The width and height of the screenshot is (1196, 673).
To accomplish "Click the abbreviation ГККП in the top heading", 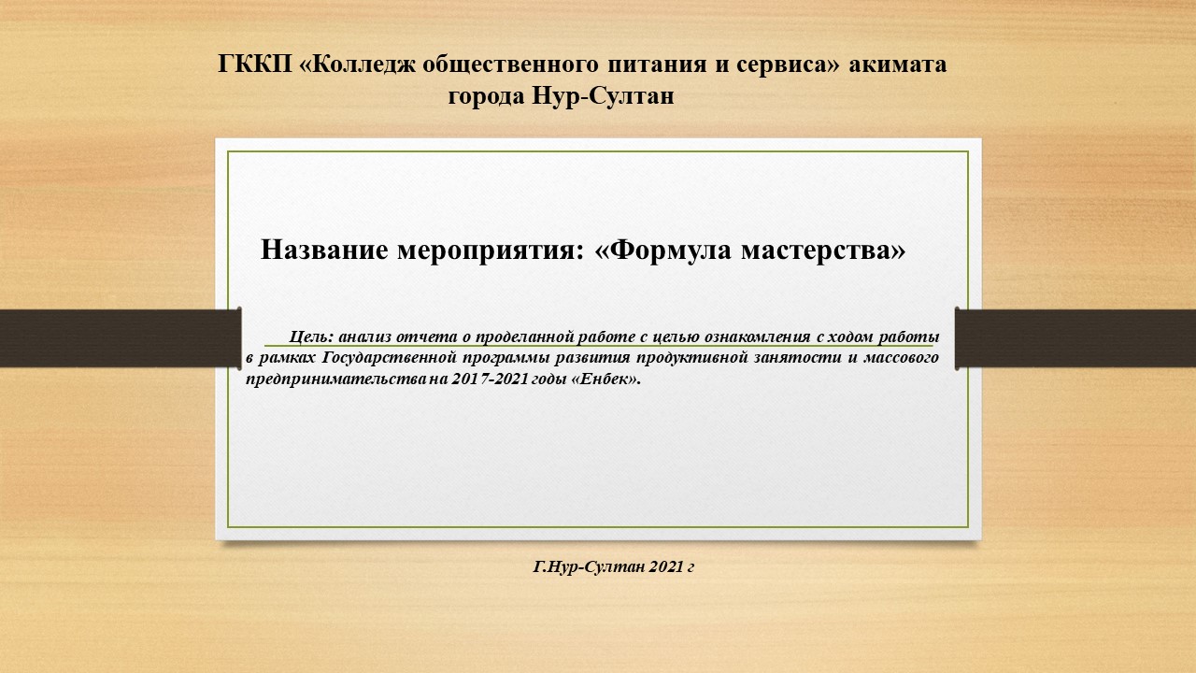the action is point(255,64).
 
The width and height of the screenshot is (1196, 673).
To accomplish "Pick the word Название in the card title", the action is point(324,250).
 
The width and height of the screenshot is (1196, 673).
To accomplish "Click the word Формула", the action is point(670,250).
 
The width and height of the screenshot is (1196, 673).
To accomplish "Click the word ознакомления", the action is point(758,337).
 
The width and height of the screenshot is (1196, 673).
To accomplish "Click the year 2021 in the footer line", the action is point(666,566).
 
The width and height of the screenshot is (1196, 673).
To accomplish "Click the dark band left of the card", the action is point(121,338).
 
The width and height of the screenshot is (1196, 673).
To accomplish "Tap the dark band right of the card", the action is point(1075,338).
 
